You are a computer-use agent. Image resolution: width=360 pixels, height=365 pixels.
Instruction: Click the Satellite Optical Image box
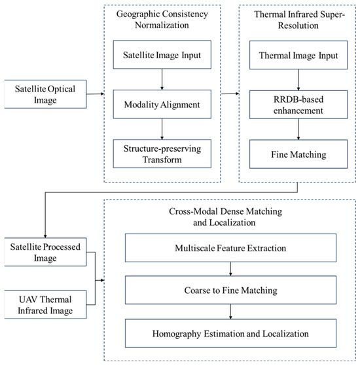coord(45,94)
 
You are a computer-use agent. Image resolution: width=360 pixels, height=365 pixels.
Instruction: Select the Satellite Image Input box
coord(162,55)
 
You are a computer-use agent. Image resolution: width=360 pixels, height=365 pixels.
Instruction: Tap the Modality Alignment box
coord(162,104)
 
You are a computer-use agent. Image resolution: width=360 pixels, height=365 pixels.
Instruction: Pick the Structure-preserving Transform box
coord(162,154)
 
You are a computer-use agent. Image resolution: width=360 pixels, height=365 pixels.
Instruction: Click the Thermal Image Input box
coord(298,55)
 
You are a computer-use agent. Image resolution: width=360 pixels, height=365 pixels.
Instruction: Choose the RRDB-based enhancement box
coord(298,105)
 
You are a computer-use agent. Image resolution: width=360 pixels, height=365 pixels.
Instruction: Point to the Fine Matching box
coord(298,154)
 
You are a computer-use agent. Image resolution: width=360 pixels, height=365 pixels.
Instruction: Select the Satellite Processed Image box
coord(45,252)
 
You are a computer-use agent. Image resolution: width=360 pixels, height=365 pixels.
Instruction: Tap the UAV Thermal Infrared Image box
coord(45,305)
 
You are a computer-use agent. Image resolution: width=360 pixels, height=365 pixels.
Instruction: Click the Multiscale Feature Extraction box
coord(230,248)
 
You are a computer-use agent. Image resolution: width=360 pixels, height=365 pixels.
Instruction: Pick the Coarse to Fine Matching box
coord(230,290)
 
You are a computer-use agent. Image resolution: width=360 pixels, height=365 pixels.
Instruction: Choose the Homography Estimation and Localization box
coord(230,334)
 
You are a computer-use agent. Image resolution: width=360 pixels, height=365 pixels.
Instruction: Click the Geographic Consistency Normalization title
coord(162,20)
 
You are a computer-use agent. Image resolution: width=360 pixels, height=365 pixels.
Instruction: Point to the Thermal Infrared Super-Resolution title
coord(299,20)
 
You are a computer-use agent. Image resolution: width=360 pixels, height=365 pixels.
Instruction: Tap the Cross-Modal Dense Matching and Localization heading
coord(225,217)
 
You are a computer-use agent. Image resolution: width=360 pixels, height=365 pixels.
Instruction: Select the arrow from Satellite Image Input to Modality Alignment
coord(162,79)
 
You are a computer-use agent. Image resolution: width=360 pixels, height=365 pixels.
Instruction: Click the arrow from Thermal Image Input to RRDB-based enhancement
coord(298,80)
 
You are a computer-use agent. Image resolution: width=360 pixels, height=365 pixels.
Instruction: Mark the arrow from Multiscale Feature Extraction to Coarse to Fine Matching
coord(230,269)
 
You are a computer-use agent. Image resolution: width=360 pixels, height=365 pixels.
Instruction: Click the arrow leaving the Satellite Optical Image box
coord(96,94)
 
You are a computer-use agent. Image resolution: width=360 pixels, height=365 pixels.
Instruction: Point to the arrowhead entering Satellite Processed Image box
coord(45,236)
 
